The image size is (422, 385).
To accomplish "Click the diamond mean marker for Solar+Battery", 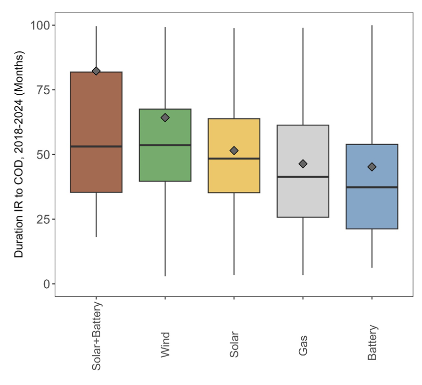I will click(96, 71).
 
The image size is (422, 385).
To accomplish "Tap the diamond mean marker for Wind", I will click(165, 118).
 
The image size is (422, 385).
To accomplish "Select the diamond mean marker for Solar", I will click(234, 151).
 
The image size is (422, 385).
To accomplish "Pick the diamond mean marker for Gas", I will click(303, 164).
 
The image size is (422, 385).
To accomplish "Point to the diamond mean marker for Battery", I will click(372, 167).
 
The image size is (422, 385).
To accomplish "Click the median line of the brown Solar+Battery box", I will click(96, 146).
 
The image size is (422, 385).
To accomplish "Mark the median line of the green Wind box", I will click(165, 145).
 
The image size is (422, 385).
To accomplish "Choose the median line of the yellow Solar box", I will click(234, 159).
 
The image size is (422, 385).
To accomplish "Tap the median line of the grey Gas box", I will click(303, 177).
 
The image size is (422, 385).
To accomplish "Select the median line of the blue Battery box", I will click(372, 187).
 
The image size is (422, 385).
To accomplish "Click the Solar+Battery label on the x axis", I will click(97, 336).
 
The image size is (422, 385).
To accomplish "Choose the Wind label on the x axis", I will click(165, 345).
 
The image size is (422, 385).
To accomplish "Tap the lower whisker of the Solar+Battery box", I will click(96, 214).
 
